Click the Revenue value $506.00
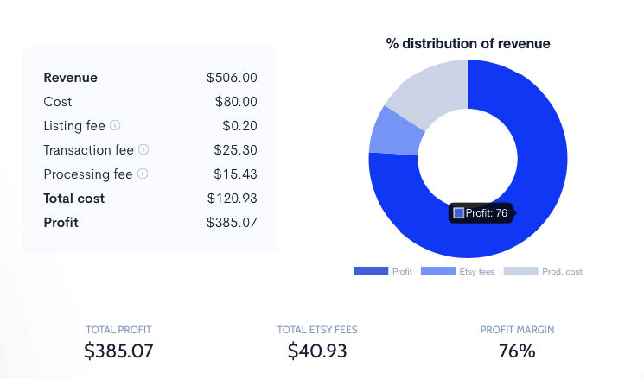232,78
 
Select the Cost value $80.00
236,102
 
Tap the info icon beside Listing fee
115,126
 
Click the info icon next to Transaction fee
143,150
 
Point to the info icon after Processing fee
143,174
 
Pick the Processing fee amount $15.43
235,174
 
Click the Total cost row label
73,199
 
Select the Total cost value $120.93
232,199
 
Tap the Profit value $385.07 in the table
232,223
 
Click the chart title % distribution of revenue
468,44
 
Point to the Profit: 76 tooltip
481,213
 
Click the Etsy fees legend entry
458,272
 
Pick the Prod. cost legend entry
543,272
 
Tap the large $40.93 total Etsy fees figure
316,351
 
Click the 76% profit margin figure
517,351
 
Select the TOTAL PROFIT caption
118,330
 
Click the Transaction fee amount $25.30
235,150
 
